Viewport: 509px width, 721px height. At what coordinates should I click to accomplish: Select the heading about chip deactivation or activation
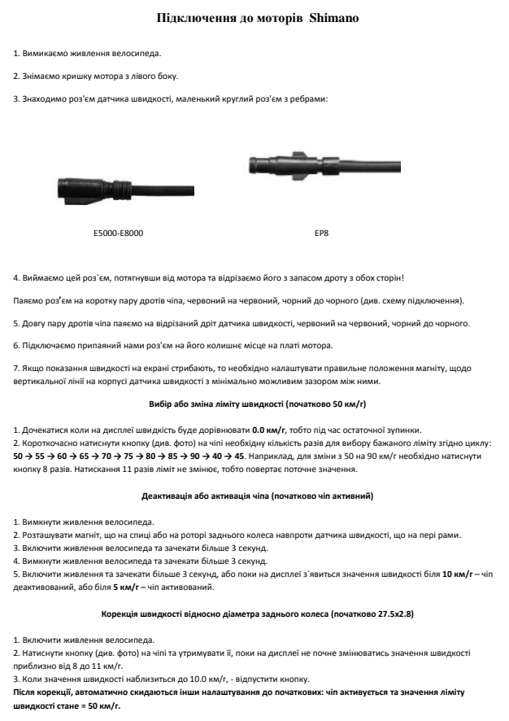pyautogui.click(x=254, y=496)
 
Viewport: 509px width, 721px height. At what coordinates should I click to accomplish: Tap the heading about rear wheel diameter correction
pyautogui.click(x=254, y=614)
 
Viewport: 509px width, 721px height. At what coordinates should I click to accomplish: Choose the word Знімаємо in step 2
pyautogui.click(x=41, y=76)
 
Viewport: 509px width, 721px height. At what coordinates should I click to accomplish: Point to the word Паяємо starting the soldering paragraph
pyautogui.click(x=28, y=301)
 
